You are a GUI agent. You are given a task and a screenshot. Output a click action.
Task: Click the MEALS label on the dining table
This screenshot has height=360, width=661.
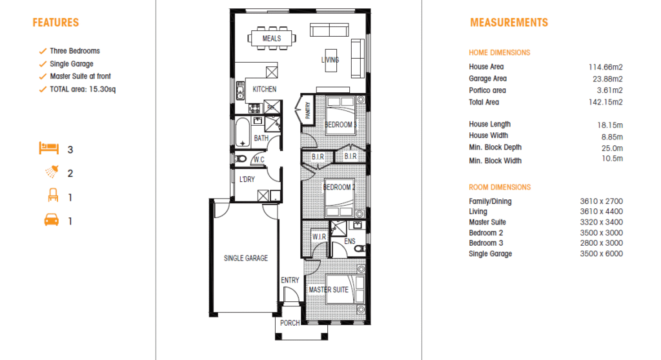coord(272,38)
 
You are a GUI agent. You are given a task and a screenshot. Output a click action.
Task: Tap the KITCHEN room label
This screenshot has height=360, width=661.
coord(264,90)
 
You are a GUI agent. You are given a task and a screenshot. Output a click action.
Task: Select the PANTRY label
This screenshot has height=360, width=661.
coord(307,110)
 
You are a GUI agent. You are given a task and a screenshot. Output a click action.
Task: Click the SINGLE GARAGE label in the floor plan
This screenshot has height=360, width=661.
coord(246,258)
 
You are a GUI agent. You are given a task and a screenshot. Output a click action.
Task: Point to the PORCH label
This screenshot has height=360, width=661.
coord(290,323)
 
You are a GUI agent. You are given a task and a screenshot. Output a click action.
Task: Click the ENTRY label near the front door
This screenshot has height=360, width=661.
coord(290,281)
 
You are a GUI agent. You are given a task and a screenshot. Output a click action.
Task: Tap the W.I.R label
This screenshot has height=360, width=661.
coord(319,237)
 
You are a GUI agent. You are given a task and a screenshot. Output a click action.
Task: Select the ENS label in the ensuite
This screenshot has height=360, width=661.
coord(349,241)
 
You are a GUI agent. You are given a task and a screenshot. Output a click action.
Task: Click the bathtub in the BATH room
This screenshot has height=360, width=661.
coord(243,132)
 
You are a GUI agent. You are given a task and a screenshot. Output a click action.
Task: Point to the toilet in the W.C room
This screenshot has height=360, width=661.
coord(240,159)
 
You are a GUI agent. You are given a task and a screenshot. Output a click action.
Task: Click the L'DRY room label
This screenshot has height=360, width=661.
coord(247,179)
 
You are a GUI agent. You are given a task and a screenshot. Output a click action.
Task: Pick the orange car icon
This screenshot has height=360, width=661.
coord(52,220)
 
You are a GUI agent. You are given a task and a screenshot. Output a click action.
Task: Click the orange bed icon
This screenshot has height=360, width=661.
coord(49,148)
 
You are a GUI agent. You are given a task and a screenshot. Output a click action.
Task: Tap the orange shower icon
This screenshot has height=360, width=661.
coord(52,172)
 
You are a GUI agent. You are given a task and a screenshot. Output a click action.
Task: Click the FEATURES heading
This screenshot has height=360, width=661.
coord(56,23)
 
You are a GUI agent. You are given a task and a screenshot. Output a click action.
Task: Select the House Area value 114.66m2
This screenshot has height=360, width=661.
coord(605,67)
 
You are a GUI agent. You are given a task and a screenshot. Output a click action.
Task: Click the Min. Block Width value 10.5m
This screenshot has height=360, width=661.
coord(612,159)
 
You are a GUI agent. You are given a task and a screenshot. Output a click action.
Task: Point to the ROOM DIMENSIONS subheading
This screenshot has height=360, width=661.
coord(500,187)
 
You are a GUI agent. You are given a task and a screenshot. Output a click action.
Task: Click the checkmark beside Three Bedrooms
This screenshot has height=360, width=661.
coord(43,51)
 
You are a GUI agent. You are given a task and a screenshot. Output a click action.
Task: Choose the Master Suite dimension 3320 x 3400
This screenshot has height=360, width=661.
coord(601,222)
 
